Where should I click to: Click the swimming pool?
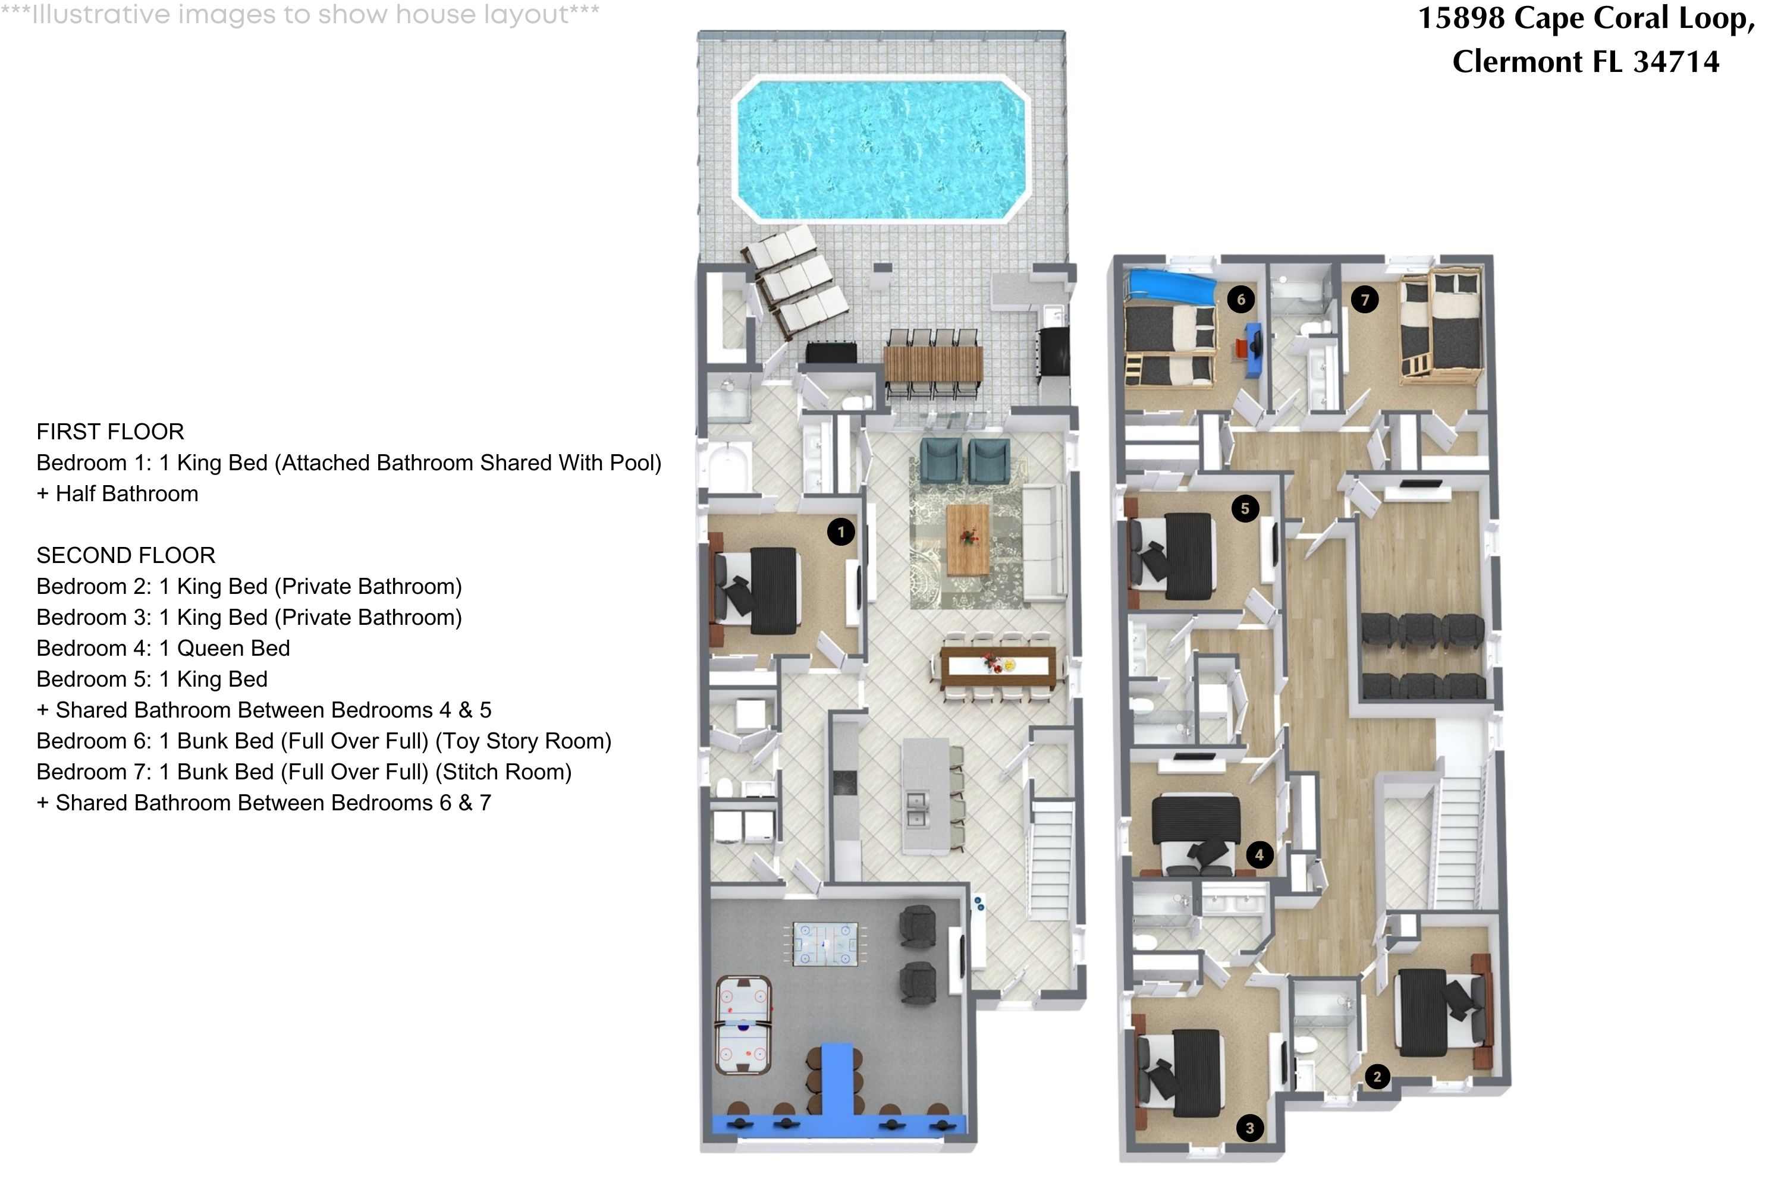coord(880,149)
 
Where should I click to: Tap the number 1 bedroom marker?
coord(840,531)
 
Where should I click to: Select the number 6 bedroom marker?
coord(1241,300)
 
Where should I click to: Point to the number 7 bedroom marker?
coord(1365,300)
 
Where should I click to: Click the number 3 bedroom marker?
coord(1250,1128)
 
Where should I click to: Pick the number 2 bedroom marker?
coord(1377,1076)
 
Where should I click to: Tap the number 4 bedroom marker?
coord(1259,855)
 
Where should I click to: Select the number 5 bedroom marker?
coord(1245,508)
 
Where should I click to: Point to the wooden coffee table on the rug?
coord(968,540)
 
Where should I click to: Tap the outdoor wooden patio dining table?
coord(933,363)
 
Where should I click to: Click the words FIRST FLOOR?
coord(110,432)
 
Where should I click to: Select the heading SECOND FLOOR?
coord(126,555)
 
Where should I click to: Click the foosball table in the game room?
coord(825,943)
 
